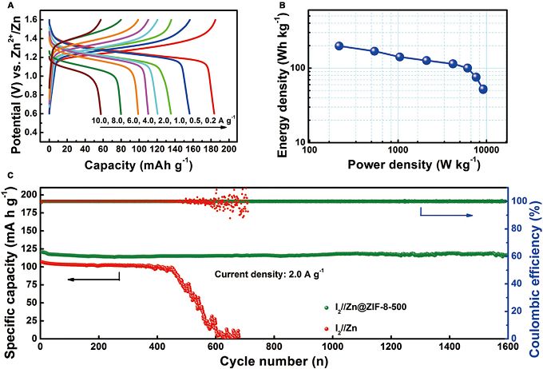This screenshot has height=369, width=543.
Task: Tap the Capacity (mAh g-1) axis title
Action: pyautogui.click(x=117, y=166)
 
